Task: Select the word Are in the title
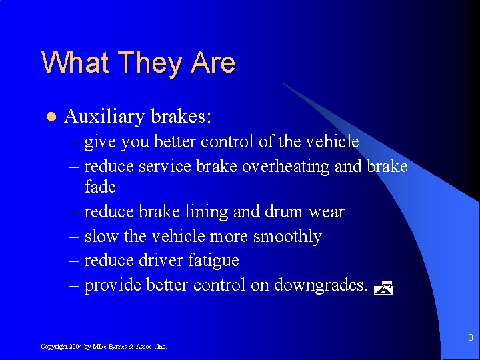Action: (x=213, y=63)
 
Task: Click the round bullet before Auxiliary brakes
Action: (x=49, y=117)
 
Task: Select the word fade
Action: (x=101, y=187)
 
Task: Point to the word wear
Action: (x=327, y=212)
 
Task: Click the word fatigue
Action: (x=213, y=261)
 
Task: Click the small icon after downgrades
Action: (x=383, y=288)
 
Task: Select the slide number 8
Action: (x=470, y=337)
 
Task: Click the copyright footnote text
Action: (x=103, y=347)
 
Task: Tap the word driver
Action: (x=162, y=261)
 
